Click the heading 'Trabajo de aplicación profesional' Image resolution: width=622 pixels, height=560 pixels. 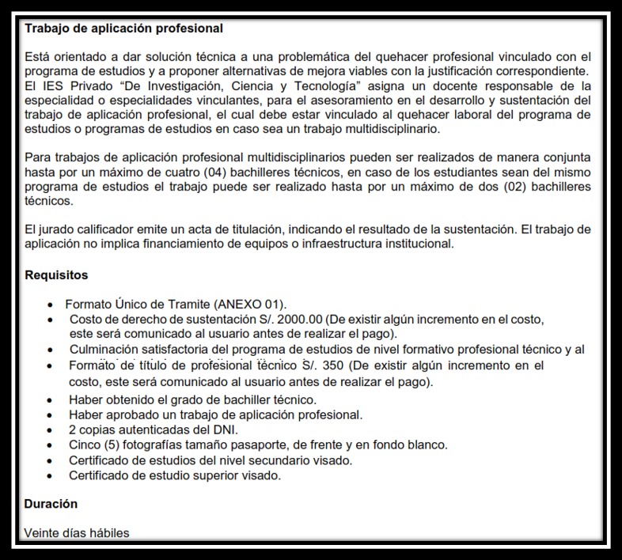pos(123,28)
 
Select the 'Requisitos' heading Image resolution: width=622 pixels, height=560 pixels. pos(56,275)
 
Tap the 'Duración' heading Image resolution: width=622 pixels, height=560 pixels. pos(51,503)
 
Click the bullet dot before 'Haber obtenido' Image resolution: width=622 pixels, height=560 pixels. pos(51,400)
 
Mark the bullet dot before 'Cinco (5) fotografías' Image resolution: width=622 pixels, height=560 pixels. pos(51,445)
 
